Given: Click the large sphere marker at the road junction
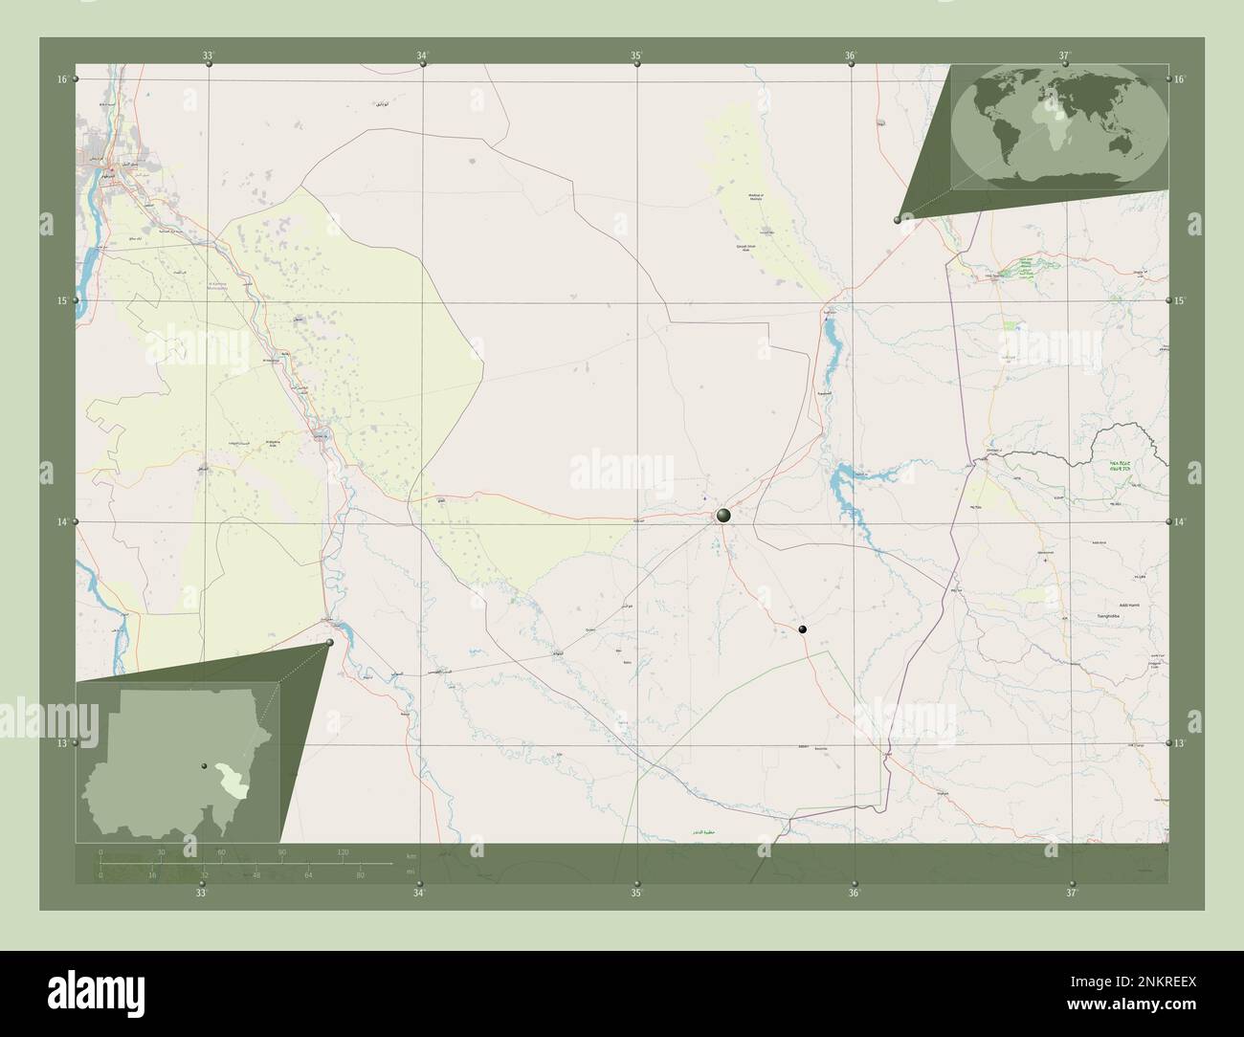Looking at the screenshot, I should click(x=723, y=516).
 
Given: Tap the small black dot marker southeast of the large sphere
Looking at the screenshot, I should click(x=802, y=629).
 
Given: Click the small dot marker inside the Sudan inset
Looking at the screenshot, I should click(x=203, y=765).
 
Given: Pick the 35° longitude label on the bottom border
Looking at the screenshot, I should click(x=636, y=893).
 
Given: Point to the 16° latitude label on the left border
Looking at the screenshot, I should click(x=61, y=79).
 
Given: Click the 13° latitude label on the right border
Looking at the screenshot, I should click(x=1180, y=743).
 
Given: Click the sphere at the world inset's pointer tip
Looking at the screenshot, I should click(x=897, y=220).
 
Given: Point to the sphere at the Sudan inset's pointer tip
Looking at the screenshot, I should click(x=329, y=643).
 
